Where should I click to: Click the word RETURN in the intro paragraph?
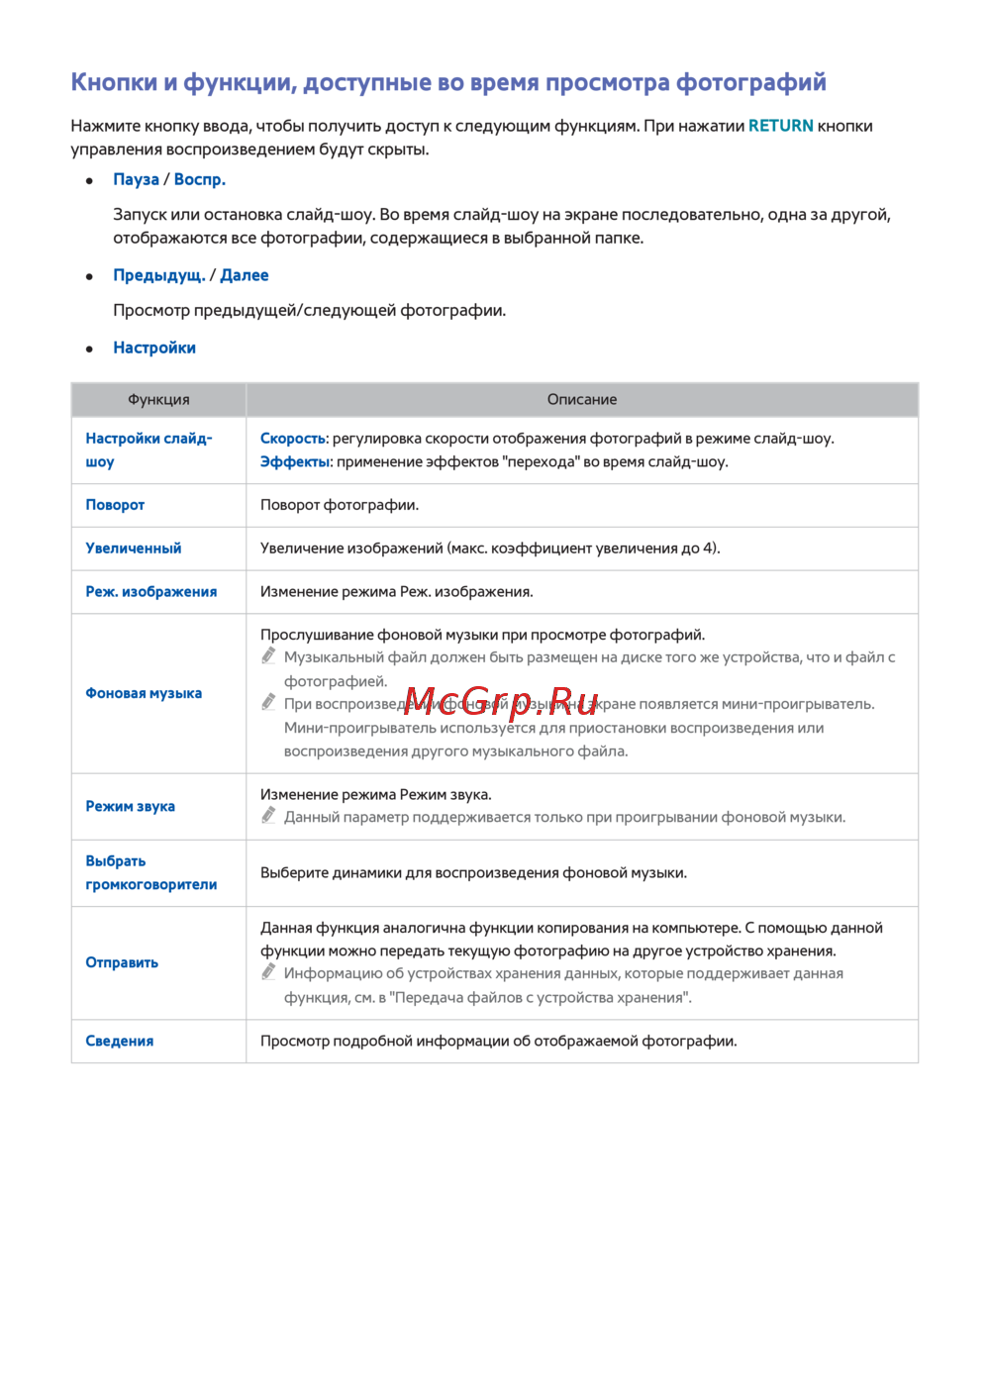tap(780, 126)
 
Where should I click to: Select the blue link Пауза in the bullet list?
tap(136, 179)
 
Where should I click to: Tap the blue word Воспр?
tap(200, 179)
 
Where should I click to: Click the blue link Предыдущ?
tap(158, 275)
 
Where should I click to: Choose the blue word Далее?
tap(245, 275)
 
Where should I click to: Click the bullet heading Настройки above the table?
tap(154, 348)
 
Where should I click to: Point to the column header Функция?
tap(158, 400)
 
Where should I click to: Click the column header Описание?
tap(582, 400)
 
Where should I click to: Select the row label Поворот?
tap(115, 505)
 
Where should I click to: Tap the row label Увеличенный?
tap(134, 549)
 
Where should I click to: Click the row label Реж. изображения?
tap(151, 592)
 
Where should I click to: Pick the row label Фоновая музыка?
tap(144, 693)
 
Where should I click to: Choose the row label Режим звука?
tap(130, 807)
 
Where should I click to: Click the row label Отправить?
tap(122, 962)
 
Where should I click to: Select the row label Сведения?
tap(120, 1042)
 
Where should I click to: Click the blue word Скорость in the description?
tap(292, 439)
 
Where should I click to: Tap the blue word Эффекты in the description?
tap(294, 462)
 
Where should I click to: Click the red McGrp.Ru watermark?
tap(501, 701)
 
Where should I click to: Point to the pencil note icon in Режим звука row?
tap(268, 816)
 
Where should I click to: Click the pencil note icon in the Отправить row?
tap(268, 972)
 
